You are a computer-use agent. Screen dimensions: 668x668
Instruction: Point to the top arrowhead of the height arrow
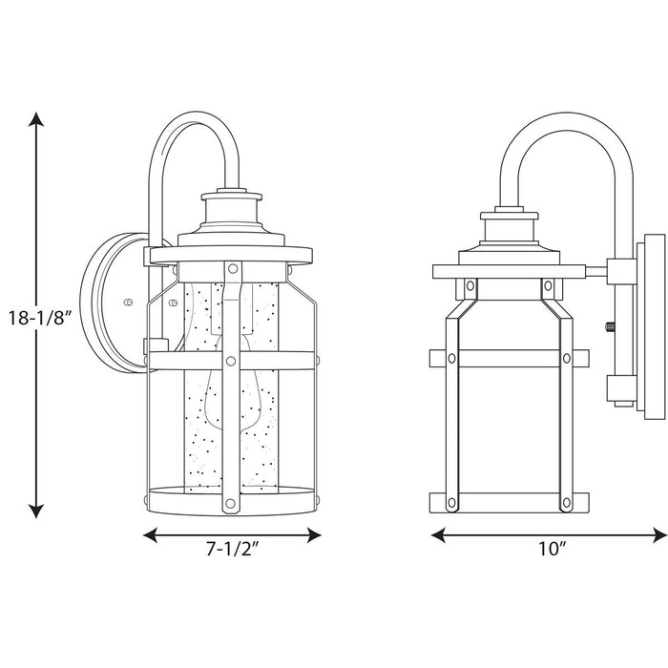point(37,119)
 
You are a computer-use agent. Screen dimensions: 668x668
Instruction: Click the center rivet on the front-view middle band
point(230,361)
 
